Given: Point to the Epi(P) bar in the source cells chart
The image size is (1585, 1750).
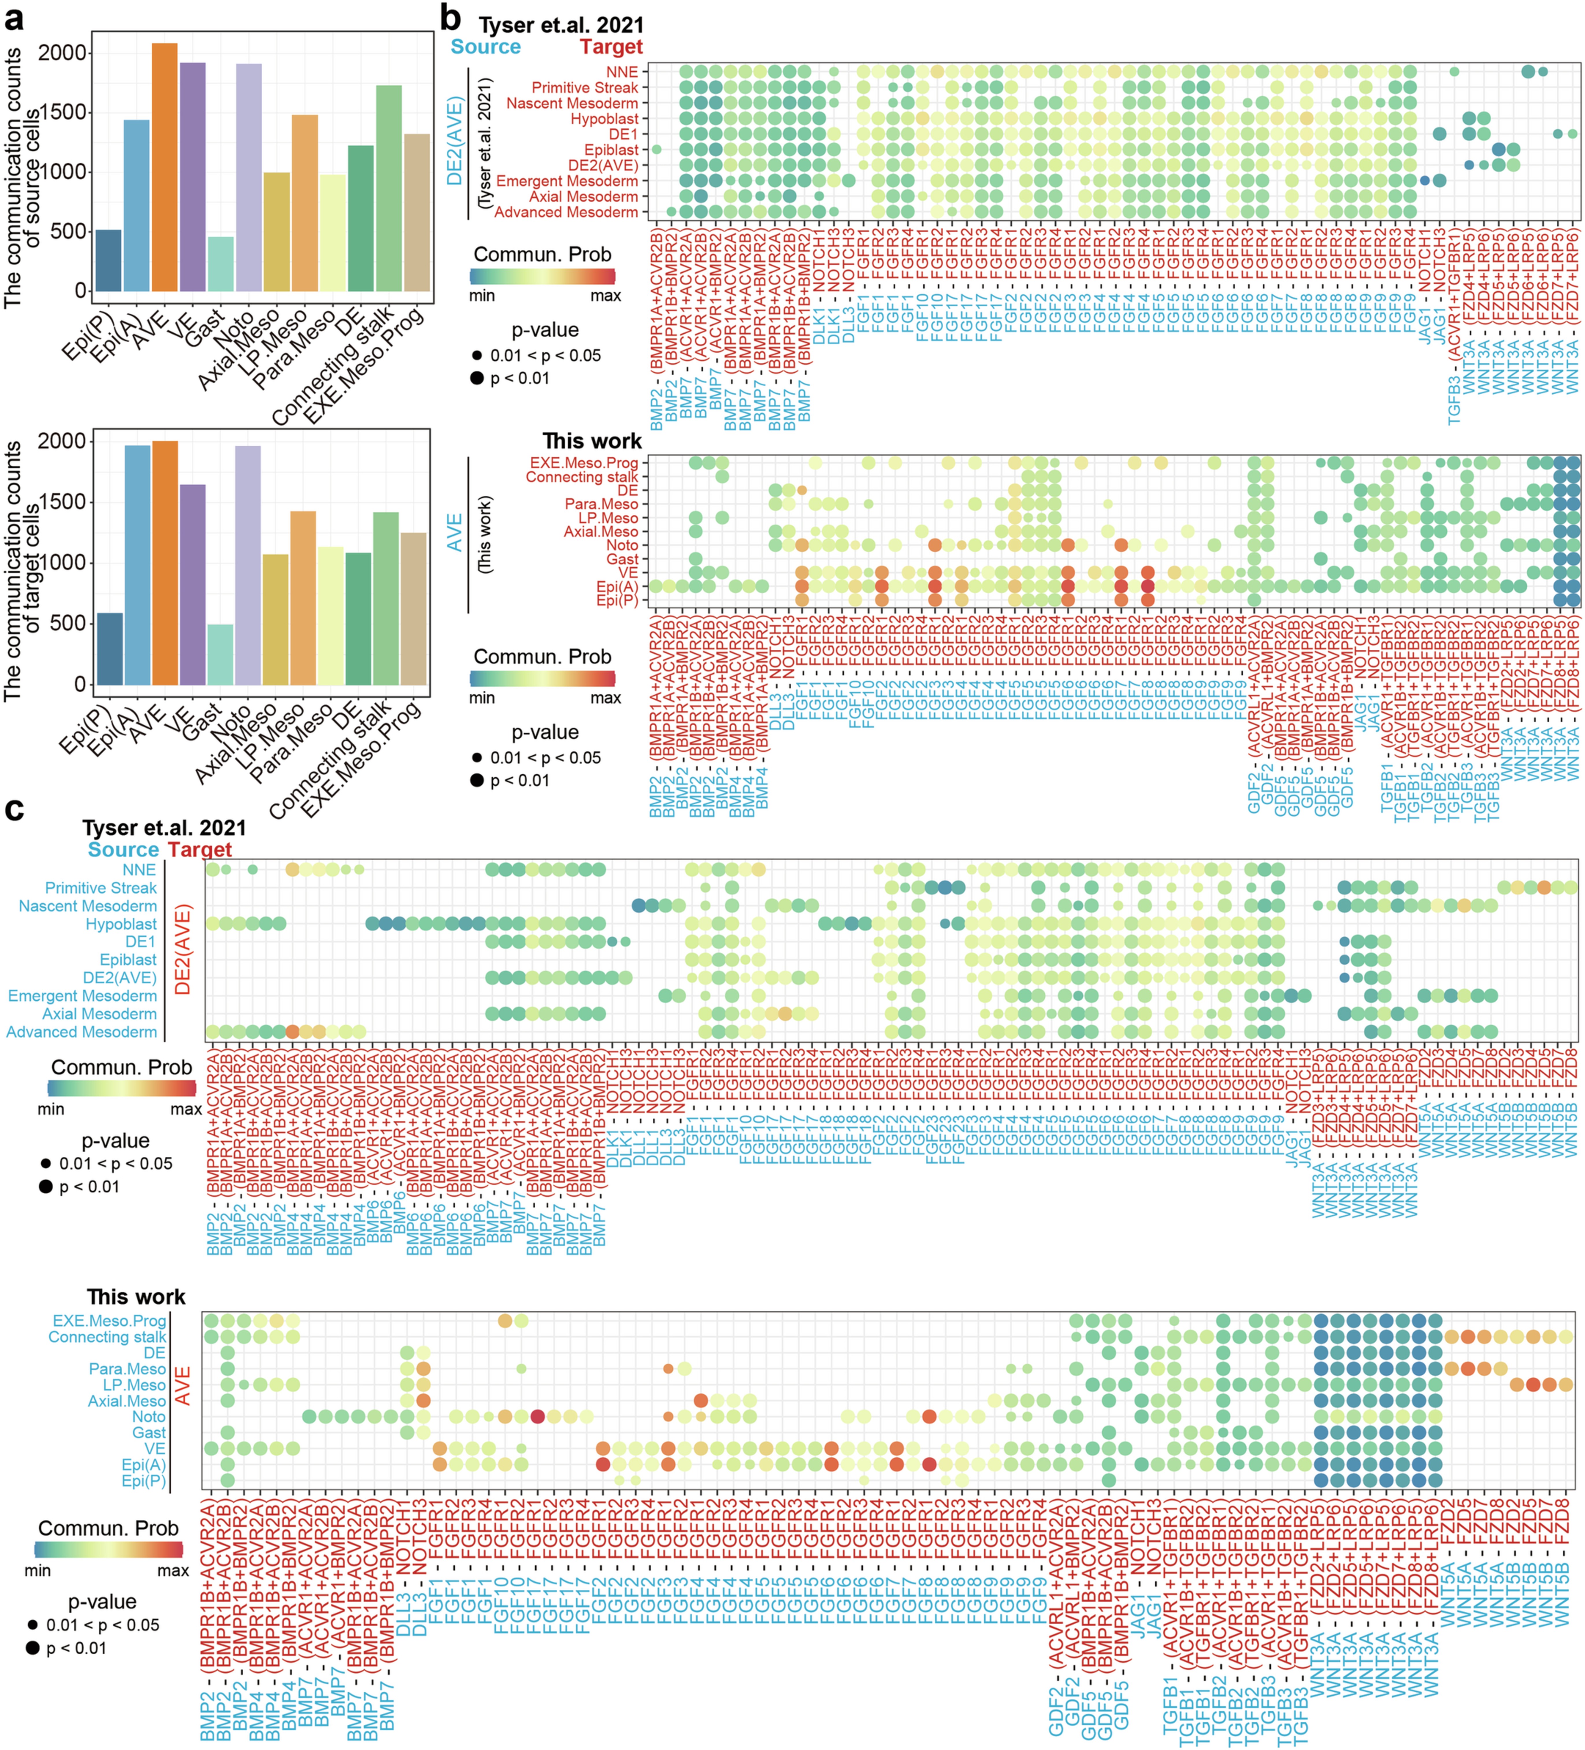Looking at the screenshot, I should [x=109, y=260].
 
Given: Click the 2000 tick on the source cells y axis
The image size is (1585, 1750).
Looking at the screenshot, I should [x=62, y=53].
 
